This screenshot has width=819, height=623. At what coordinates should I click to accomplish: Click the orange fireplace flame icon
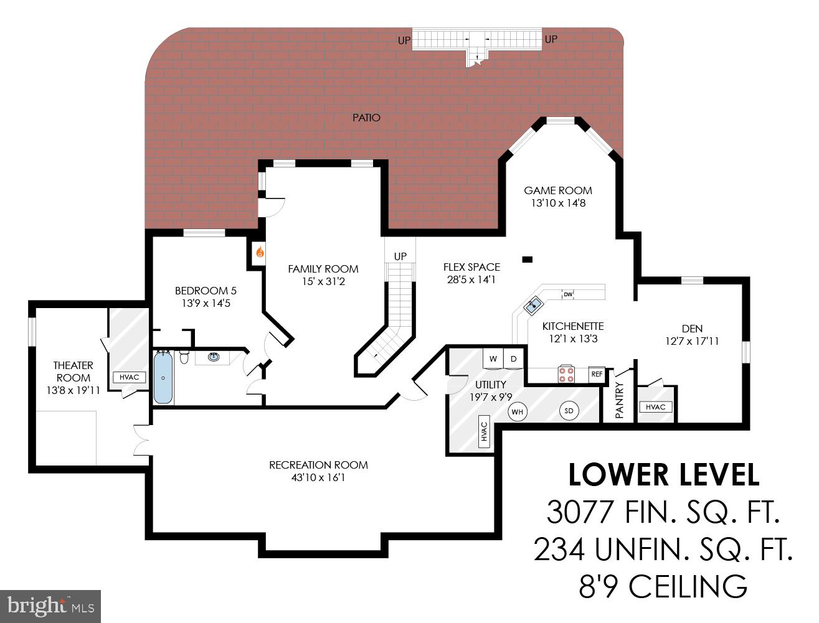click(260, 253)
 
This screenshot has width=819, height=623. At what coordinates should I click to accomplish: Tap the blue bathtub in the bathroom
click(163, 378)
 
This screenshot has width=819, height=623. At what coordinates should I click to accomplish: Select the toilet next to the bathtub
click(184, 357)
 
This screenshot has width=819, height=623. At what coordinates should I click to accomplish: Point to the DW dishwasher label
click(567, 294)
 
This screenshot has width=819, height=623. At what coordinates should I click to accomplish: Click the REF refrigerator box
click(597, 374)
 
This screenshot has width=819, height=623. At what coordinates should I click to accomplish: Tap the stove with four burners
click(566, 375)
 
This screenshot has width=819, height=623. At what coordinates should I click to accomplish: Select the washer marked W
click(493, 358)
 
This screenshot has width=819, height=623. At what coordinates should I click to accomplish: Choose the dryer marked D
click(514, 358)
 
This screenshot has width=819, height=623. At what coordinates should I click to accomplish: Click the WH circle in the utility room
click(517, 412)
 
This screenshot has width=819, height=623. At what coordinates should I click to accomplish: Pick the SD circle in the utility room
click(569, 411)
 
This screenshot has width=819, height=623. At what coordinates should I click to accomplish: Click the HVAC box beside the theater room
click(129, 377)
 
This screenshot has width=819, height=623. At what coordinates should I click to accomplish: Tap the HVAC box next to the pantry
click(656, 407)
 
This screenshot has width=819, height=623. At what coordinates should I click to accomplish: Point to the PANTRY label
click(619, 400)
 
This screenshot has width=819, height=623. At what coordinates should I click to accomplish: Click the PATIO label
click(366, 118)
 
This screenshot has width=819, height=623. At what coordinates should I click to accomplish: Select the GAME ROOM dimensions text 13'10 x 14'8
click(558, 203)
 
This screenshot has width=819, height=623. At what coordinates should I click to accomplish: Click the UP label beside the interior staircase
click(400, 256)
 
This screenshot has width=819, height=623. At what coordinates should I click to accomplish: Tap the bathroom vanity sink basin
click(214, 357)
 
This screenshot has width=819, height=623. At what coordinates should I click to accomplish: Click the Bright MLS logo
click(50, 606)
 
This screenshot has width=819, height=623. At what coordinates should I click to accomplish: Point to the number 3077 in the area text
click(580, 512)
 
